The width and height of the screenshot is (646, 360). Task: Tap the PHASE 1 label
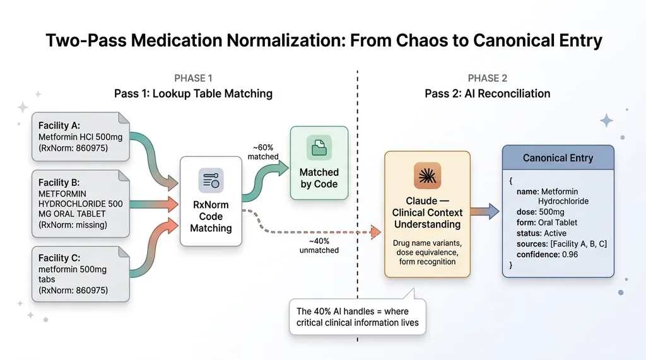pyautogui.click(x=193, y=78)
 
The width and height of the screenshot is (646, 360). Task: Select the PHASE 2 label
pyautogui.click(x=487, y=78)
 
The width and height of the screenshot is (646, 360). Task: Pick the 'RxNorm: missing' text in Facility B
pyautogui.click(x=73, y=224)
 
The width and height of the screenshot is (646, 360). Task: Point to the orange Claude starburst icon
pyautogui.click(x=427, y=176)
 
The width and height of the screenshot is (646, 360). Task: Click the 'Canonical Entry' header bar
pyautogui.click(x=558, y=158)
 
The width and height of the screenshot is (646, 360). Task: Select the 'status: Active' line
pyautogui.click(x=541, y=233)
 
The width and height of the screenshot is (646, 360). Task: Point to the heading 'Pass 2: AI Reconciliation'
pyautogui.click(x=487, y=93)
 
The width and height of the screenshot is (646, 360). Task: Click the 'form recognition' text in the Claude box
pyautogui.click(x=427, y=261)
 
